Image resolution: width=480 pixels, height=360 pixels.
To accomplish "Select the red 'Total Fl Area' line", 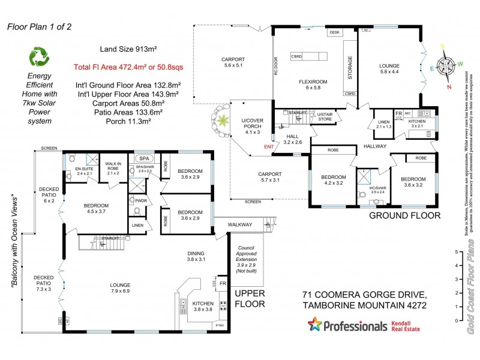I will (124, 67).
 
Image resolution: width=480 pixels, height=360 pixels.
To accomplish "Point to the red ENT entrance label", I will (268, 146).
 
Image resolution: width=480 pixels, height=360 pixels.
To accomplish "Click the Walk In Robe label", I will (113, 170).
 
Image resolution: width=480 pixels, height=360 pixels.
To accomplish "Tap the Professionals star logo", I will (314, 326).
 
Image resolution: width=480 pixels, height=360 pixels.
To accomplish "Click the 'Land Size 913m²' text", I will (124, 49).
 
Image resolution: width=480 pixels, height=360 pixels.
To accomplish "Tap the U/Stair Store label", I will (325, 116).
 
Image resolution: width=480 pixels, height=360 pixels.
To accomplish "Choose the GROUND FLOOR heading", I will (404, 215).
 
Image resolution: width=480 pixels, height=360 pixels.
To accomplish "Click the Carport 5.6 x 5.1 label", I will (233, 62).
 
